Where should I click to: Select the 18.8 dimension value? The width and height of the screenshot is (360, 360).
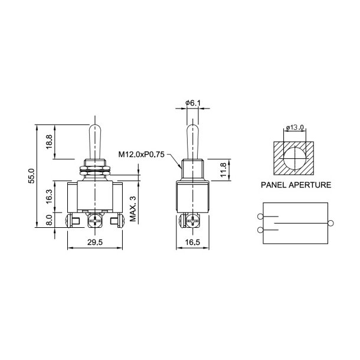pyautogui.click(x=49, y=141)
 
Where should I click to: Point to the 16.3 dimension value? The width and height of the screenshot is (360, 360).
pyautogui.click(x=49, y=195)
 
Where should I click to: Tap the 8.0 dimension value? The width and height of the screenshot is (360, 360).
pyautogui.click(x=49, y=221)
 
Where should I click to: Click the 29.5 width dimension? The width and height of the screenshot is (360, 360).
pyautogui.click(x=94, y=241)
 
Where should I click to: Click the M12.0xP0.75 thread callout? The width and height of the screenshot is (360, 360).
pyautogui.click(x=143, y=155)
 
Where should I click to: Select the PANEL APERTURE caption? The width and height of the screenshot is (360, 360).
pyautogui.click(x=296, y=185)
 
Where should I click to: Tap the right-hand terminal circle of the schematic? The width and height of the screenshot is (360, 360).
pyautogui.click(x=330, y=222)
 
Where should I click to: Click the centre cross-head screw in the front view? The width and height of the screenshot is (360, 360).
pyautogui.click(x=95, y=223)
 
